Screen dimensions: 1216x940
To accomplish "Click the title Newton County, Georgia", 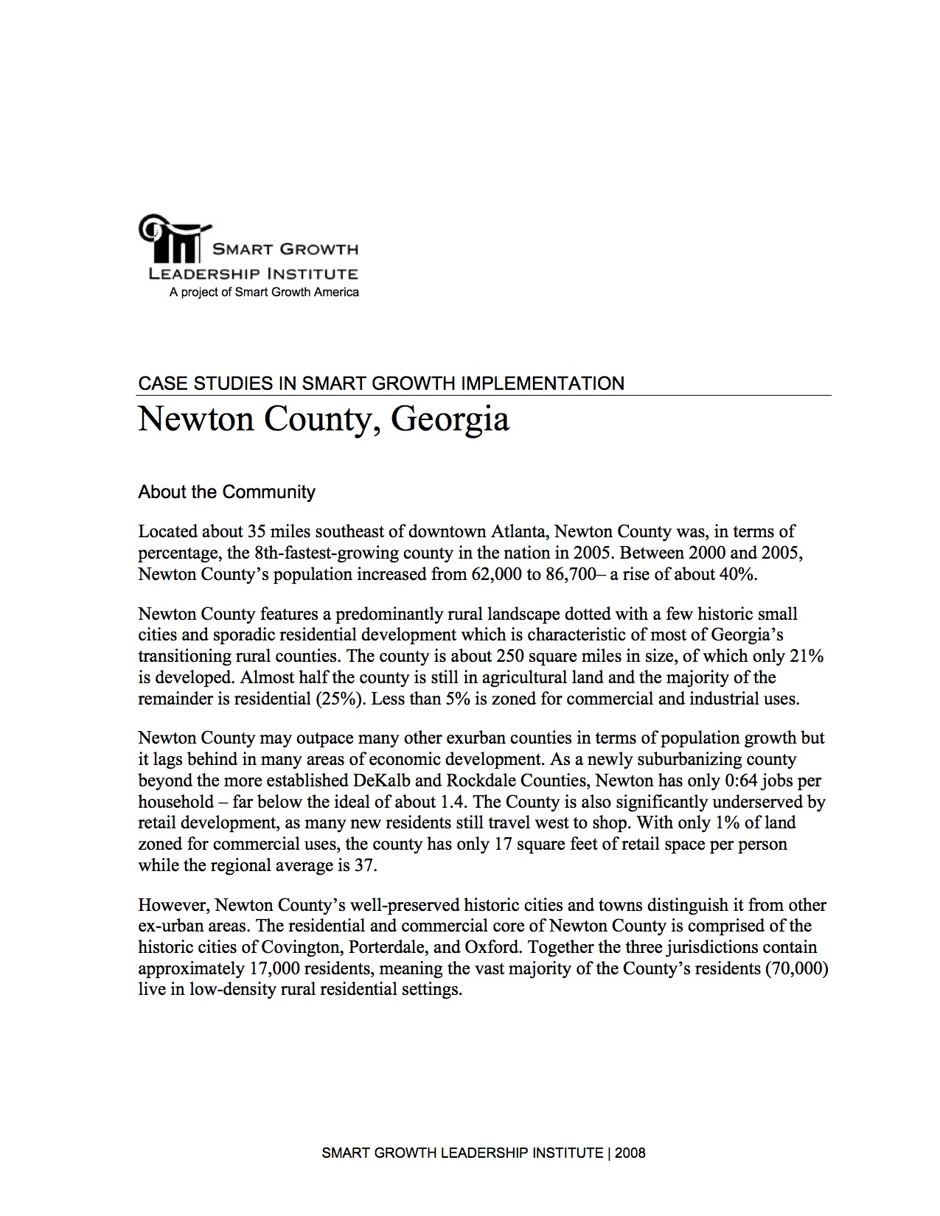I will click(x=323, y=420).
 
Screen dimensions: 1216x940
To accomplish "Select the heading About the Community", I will click(x=226, y=492).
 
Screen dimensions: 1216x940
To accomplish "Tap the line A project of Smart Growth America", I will click(x=264, y=293).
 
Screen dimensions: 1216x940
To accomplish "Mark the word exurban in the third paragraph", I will click(x=501, y=738).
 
